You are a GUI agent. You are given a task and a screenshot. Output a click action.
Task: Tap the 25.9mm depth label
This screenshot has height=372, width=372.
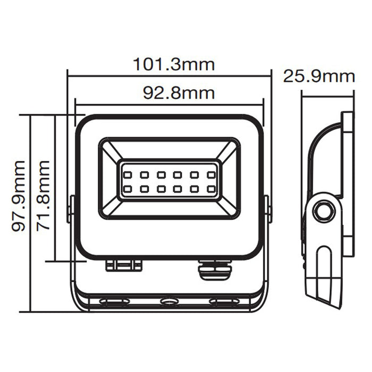click(318, 76)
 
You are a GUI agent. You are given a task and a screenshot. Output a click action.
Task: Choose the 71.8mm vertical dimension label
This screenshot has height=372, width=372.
click(43, 195)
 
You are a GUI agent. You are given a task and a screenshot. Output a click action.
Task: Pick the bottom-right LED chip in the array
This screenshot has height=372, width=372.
click(212, 188)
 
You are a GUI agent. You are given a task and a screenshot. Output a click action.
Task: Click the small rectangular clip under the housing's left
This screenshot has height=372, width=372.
click(124, 264)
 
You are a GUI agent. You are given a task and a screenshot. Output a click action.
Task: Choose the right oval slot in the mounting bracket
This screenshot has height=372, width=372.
click(224, 302)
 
